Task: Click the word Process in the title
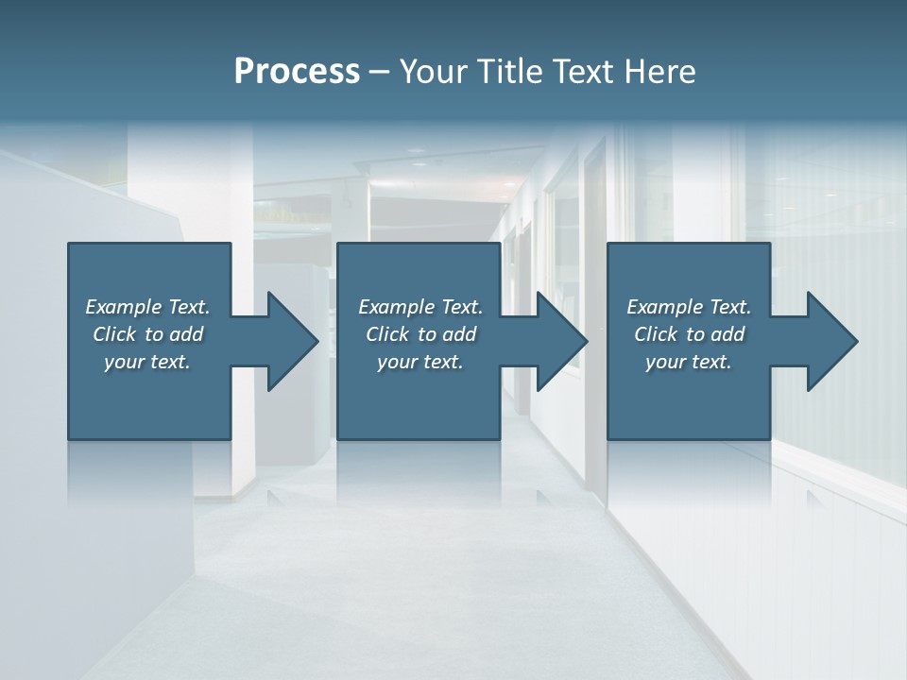click(x=297, y=72)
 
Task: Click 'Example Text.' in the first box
click(x=147, y=307)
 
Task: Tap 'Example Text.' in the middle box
click(x=420, y=307)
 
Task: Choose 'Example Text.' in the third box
click(x=689, y=307)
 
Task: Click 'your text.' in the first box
click(x=147, y=362)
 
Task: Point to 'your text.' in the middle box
click(x=420, y=362)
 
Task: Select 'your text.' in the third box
click(x=689, y=362)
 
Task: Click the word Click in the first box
click(x=114, y=334)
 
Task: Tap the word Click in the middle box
click(x=387, y=334)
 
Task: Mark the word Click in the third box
click(x=656, y=334)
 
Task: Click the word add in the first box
click(x=187, y=334)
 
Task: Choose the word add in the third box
click(x=728, y=334)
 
